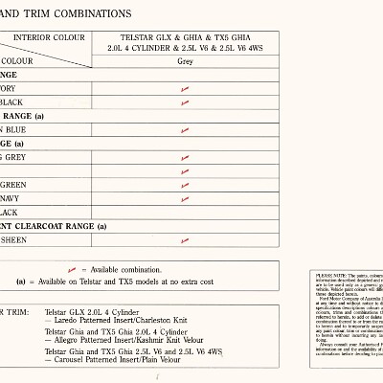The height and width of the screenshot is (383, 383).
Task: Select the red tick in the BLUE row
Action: click(184, 130)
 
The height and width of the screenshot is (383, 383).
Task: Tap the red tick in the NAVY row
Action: click(184, 198)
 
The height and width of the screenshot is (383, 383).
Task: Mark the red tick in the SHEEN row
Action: click(184, 240)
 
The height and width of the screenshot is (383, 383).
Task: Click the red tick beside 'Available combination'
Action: click(73, 270)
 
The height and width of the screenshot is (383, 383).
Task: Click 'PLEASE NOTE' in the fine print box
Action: click(328, 275)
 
